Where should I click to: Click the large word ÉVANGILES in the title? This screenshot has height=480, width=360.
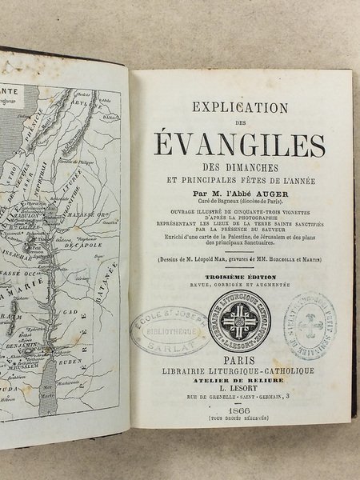click(239, 146)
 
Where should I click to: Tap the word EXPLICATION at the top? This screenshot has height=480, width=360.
click(239, 104)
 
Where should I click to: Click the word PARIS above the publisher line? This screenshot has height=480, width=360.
click(239, 361)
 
